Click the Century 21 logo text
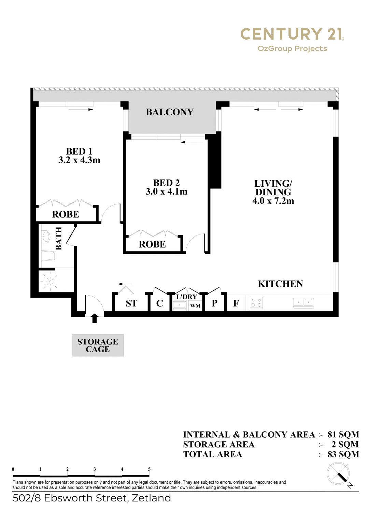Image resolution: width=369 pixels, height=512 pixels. tap(292, 34)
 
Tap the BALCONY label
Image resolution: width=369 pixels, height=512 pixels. tap(170, 112)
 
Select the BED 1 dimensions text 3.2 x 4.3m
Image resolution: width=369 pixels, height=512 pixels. tap(79, 160)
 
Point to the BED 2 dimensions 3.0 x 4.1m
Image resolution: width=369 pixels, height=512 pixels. tap(167, 191)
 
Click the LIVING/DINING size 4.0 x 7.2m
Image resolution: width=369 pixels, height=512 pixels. tap(273, 201)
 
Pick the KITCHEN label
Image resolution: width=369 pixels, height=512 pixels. tap(280, 284)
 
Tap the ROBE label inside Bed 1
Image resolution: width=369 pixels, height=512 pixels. tap(66, 214)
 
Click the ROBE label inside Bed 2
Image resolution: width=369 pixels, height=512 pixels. tap(152, 244)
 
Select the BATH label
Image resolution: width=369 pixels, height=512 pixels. tap(59, 238)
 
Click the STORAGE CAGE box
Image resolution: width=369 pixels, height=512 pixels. tap(98, 345)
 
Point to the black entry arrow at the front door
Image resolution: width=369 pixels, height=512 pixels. tap(95, 318)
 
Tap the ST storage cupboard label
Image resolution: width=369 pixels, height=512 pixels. tap(131, 303)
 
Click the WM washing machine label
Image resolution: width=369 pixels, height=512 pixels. tap(195, 306)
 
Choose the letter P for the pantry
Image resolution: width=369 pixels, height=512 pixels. tap(214, 303)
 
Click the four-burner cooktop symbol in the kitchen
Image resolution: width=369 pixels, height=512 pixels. tap(256, 303)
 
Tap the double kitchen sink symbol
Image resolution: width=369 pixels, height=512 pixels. tap(303, 303)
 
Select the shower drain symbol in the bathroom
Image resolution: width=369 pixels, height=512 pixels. tap(50, 281)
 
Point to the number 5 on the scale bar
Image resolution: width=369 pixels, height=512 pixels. tap(149, 469)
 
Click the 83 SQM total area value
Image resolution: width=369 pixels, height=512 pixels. tap(343, 454)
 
